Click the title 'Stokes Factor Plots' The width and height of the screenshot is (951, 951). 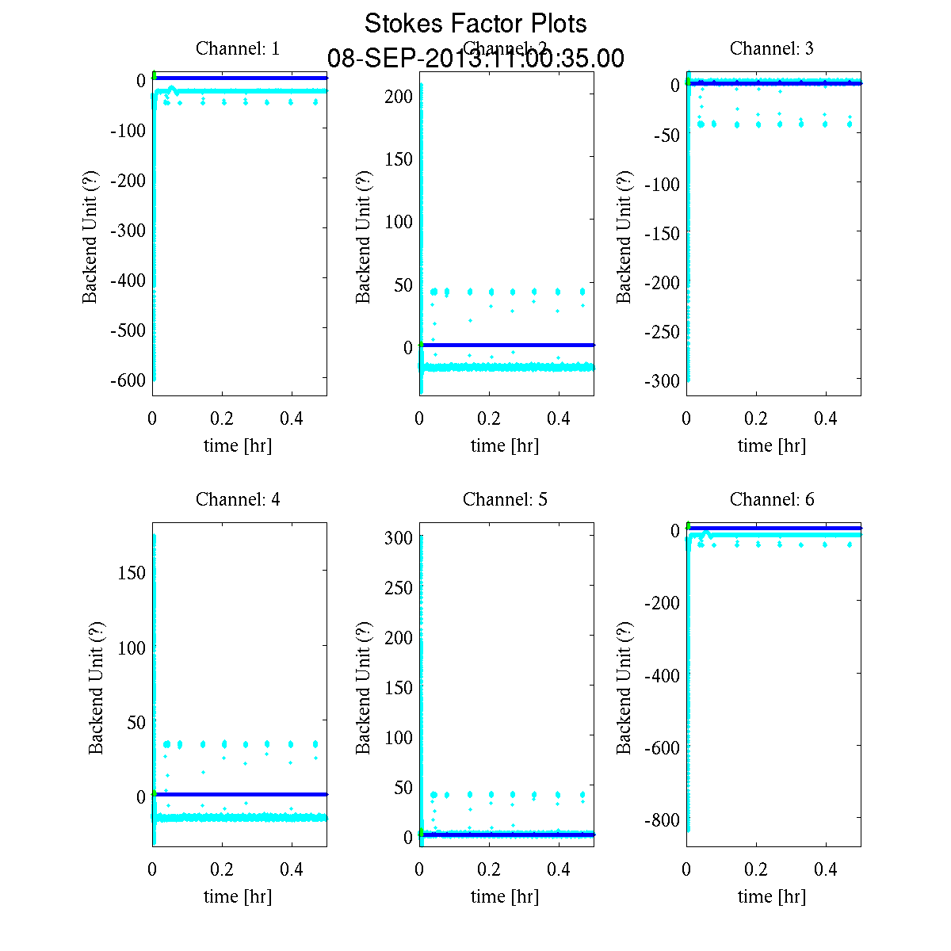(x=475, y=24)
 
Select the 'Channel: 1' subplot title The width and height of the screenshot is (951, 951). (x=238, y=48)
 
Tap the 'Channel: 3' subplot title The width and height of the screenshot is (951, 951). (x=771, y=48)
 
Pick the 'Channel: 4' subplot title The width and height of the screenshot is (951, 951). (x=238, y=499)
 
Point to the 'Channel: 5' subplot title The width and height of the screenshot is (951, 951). (x=505, y=499)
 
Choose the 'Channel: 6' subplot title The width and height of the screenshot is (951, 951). (x=771, y=499)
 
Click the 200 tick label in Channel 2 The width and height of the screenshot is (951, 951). (x=398, y=96)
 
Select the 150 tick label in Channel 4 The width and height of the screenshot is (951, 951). (x=131, y=573)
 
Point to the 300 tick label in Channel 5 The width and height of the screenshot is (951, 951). (x=398, y=538)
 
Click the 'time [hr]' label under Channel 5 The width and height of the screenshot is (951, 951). (x=505, y=896)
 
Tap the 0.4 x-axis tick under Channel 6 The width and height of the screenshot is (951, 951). (x=826, y=869)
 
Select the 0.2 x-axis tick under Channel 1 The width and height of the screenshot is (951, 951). (x=222, y=418)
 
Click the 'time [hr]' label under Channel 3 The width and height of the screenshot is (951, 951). (x=771, y=445)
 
